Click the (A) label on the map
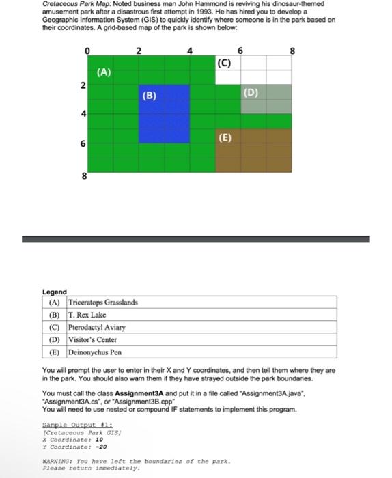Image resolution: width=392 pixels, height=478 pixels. pos(104,71)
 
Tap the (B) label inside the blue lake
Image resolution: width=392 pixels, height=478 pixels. pos(149,96)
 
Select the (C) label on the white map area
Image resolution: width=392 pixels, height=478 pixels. pos(225,64)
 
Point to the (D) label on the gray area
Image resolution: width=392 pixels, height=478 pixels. pos(251,92)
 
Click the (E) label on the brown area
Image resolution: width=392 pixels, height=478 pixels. pos(226,137)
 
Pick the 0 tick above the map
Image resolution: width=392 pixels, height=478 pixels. pos(87,51)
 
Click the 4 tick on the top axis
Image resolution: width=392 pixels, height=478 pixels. pos(190,51)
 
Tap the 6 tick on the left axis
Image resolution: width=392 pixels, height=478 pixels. pos(83,144)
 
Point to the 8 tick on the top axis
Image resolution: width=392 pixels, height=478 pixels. pos(292,51)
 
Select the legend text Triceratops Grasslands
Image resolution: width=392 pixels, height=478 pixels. pos(103,303)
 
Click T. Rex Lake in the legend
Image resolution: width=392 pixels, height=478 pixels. pos(87,315)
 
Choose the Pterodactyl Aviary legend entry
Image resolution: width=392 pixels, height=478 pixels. pos(96,327)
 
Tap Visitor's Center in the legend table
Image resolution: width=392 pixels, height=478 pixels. pos(93,339)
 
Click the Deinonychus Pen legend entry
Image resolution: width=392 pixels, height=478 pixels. pos(95,352)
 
